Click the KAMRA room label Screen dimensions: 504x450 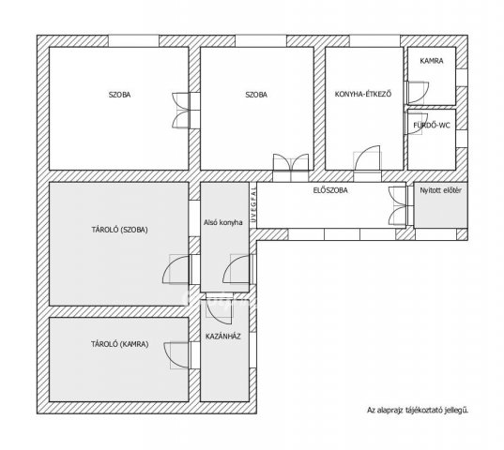pos(432,61)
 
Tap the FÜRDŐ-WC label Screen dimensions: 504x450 pos(432,126)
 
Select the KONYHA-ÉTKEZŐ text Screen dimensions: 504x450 pos(363,94)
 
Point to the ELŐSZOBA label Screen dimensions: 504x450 pos(330,190)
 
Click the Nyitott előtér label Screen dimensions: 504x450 pos(441,190)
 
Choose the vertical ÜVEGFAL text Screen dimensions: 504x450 pos(253,204)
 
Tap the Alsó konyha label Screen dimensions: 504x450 pos(223,222)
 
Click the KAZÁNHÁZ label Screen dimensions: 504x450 pos(223,337)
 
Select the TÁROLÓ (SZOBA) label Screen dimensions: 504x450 pos(119,230)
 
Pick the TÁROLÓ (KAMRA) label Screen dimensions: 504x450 pos(119,344)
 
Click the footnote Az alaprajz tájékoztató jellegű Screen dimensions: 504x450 pos(418,410)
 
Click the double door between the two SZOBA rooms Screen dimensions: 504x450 pos(181,111)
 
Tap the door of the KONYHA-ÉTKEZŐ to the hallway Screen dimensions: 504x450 pos(367,158)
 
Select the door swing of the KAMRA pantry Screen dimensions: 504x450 pos(419,93)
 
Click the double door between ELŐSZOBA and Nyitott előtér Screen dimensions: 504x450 pos(398,205)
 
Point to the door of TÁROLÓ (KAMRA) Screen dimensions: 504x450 pos(176,355)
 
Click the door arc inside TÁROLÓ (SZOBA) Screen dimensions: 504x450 pos(176,270)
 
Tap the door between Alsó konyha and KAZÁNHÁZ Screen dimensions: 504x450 pos(219,308)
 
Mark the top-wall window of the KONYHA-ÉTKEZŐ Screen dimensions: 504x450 pos(374,41)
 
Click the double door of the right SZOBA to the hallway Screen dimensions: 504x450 pos(291,163)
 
